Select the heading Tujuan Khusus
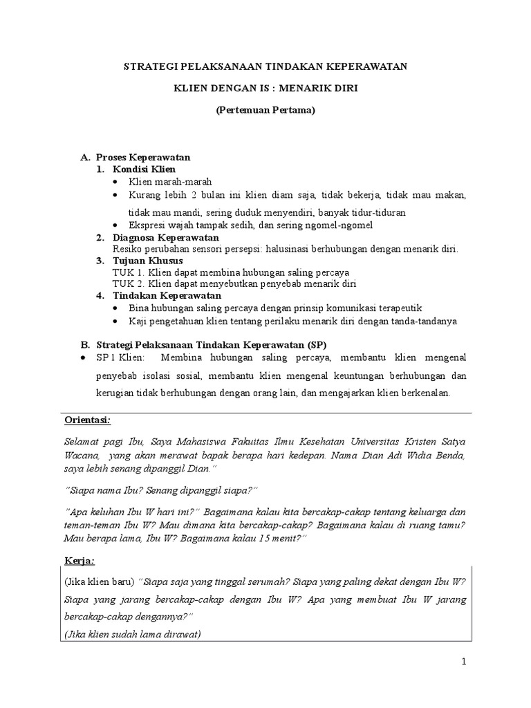148,260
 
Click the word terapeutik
398,308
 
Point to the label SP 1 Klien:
119,357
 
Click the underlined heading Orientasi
88,420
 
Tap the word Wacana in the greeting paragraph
81,457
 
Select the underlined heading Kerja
80,559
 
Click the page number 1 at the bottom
465,662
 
